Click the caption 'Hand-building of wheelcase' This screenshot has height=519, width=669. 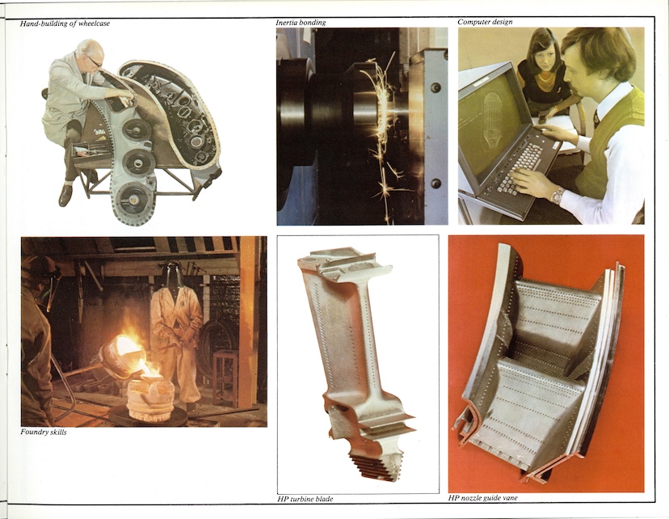65,23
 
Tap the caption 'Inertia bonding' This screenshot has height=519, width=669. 301,23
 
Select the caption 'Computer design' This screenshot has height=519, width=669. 485,22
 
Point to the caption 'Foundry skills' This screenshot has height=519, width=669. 44,432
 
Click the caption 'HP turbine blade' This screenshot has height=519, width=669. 305,499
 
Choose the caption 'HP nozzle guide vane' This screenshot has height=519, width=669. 483,498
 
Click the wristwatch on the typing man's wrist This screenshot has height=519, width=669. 556,195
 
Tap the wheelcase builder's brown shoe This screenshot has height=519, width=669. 65,196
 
